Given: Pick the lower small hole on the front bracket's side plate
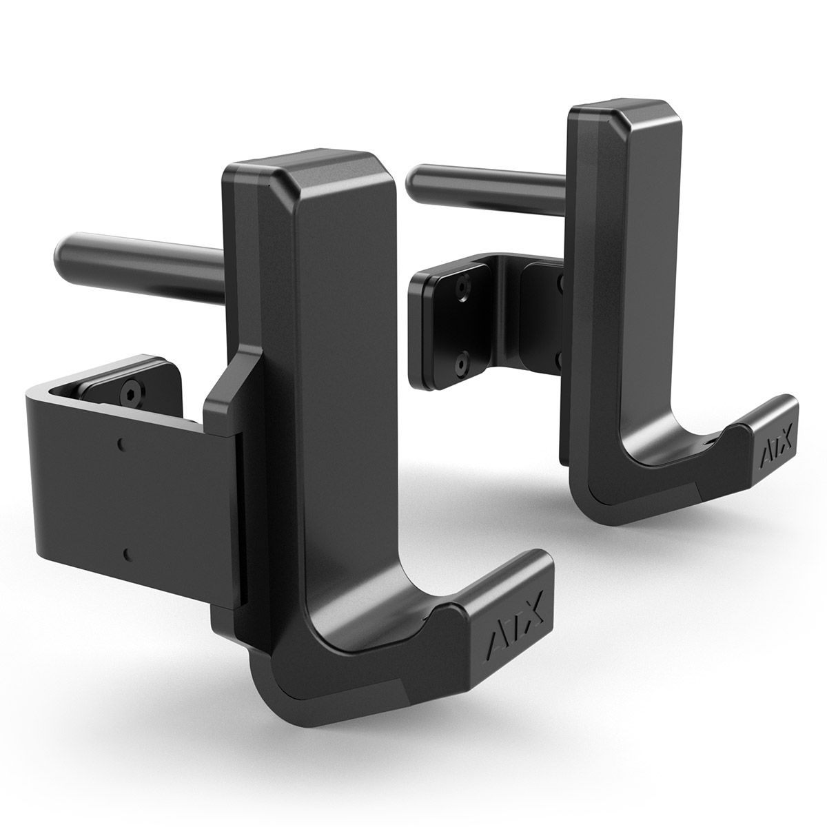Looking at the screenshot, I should (x=127, y=552).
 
